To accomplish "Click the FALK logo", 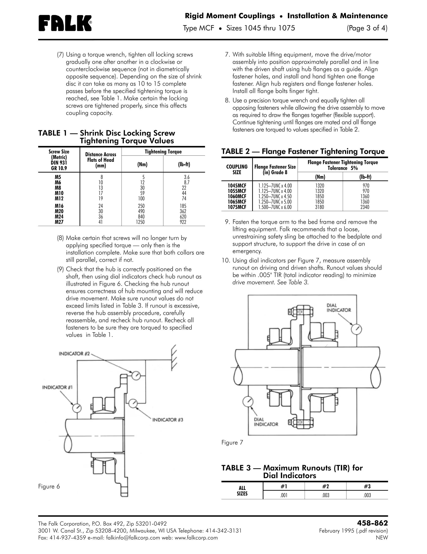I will click(x=65, y=23).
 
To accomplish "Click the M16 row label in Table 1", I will click(x=59, y=206).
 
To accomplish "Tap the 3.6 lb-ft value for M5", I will click(x=187, y=177).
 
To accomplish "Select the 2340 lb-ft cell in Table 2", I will click(x=365, y=207).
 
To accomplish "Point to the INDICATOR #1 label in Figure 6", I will click(x=57, y=387).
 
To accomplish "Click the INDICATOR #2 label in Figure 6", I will click(x=74, y=354).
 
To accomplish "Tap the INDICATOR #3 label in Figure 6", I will click(x=167, y=420).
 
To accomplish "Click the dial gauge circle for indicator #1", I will click(x=77, y=408).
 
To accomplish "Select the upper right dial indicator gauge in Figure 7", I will click(x=356, y=329).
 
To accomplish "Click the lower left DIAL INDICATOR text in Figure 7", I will click(x=266, y=422).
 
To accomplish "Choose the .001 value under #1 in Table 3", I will click(x=284, y=495).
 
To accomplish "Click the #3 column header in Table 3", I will click(x=367, y=486).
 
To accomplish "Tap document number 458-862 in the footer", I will click(x=372, y=523).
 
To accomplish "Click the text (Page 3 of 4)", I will click(x=367, y=28).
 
